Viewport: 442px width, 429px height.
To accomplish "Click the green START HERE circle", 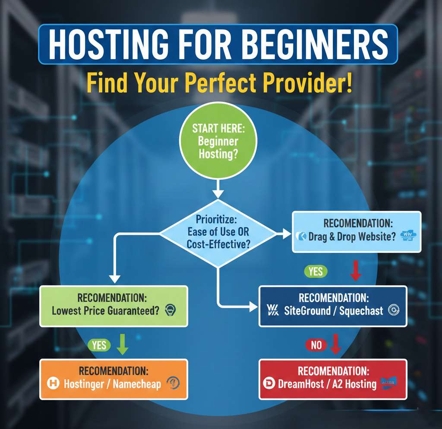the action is [218, 141].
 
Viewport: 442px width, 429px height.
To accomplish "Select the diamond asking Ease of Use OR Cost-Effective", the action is [218, 232].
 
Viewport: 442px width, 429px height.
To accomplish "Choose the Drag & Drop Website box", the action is [356, 231].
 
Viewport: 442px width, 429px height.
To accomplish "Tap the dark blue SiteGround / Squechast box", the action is [332, 305].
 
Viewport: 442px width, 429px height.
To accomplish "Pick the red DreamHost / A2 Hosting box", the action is [332, 379].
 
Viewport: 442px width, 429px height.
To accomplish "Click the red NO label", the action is [316, 344].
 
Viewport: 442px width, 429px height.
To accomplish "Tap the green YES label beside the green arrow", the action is [99, 345].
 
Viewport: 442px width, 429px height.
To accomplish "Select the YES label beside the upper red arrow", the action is [316, 271].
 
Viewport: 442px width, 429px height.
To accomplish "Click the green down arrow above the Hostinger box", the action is [123, 344].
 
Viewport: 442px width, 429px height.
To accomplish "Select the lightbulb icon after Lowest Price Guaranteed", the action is [170, 310].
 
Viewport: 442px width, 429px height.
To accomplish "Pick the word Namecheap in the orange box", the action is [137, 384].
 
